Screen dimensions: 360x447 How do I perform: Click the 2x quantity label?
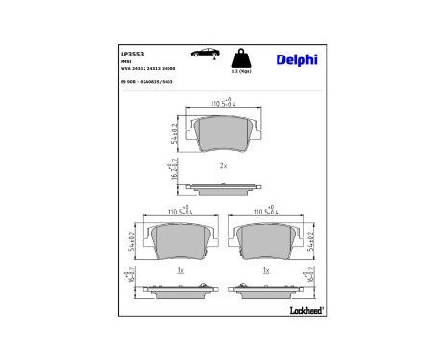[223, 166]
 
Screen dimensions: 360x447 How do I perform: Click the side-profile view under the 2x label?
[223, 186]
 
